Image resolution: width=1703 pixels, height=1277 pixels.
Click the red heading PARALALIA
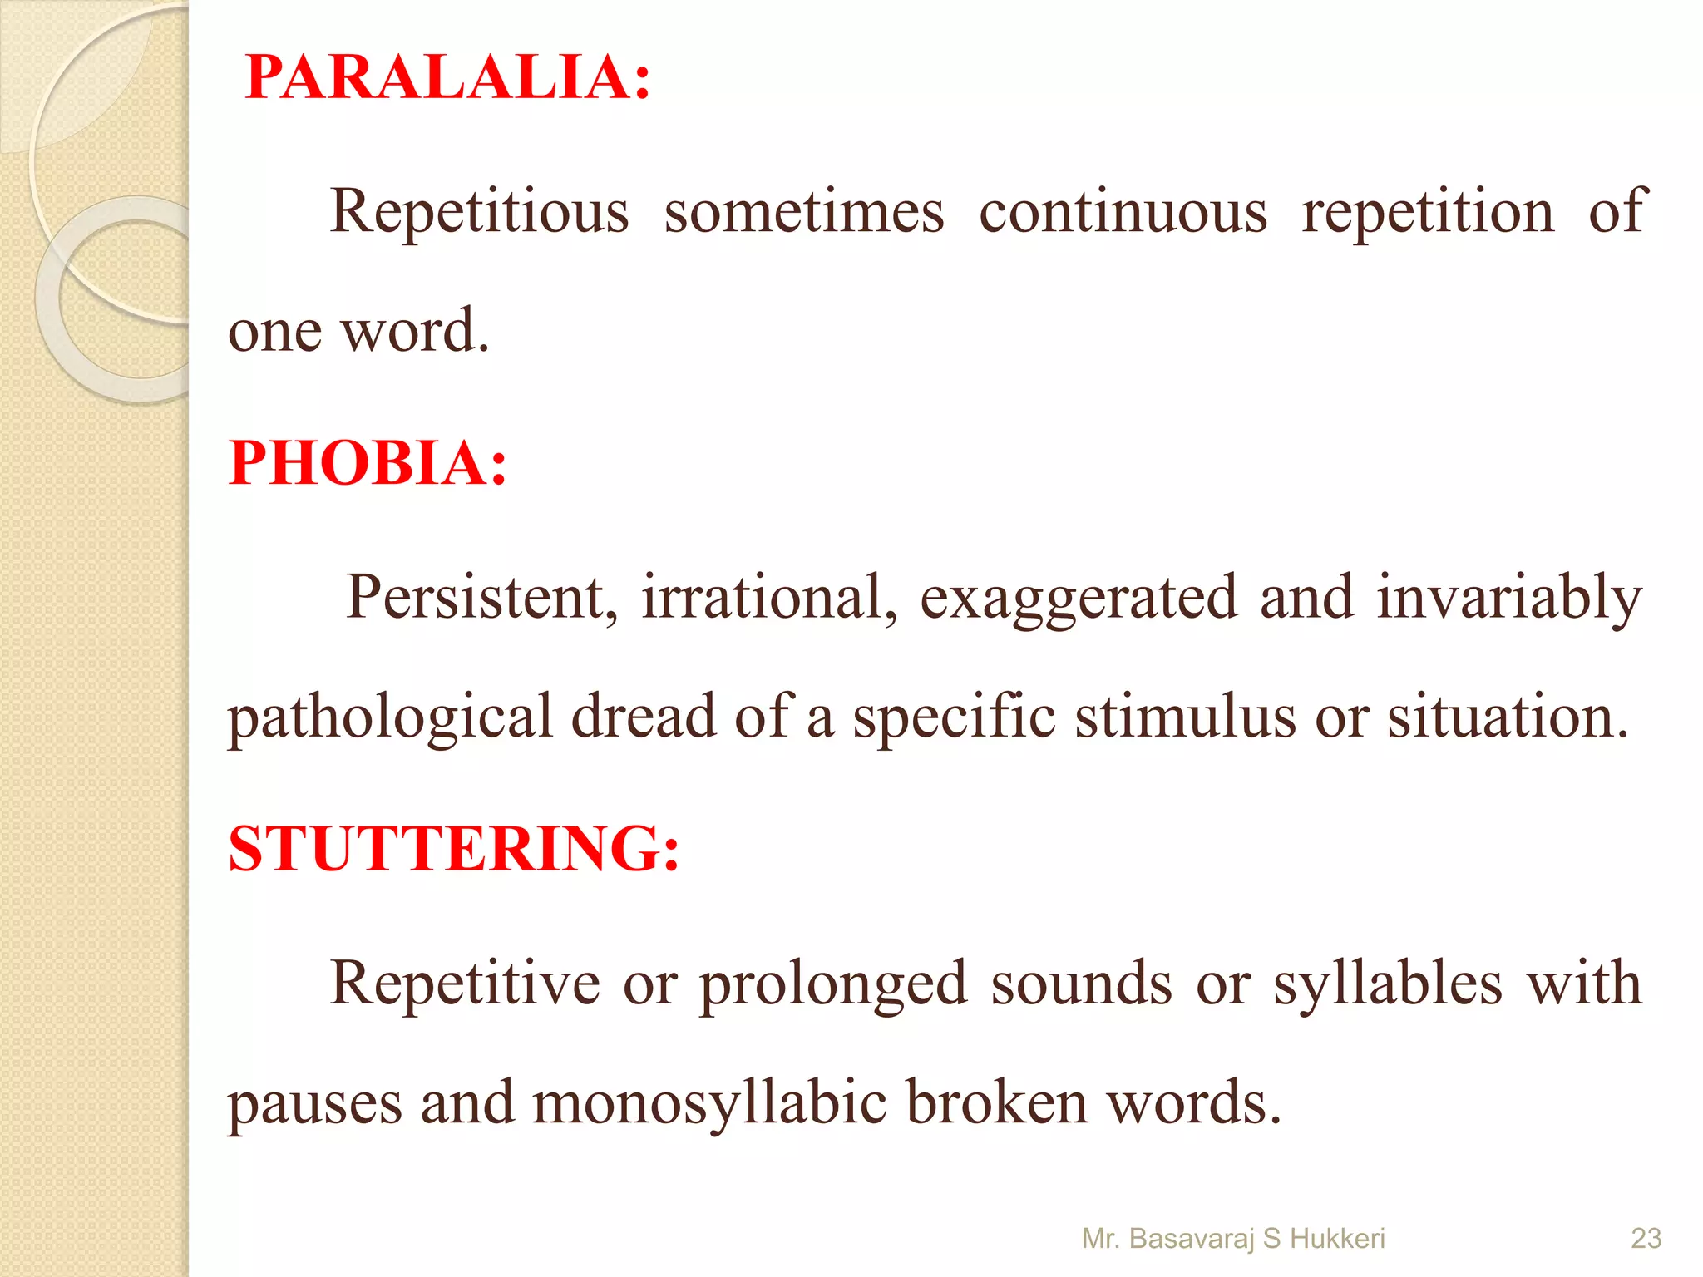coord(447,77)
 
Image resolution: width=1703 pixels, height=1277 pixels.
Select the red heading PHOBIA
coord(367,463)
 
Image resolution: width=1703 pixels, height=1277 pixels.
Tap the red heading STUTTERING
coord(454,849)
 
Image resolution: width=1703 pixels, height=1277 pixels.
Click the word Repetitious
coord(479,212)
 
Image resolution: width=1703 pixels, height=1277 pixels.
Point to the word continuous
coord(1123,212)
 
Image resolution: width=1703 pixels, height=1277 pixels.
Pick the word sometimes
coord(804,212)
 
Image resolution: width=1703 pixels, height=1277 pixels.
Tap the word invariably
coord(1508,599)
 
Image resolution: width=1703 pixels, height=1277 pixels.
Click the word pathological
coord(390,717)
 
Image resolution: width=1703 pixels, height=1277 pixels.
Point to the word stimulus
coord(1185,717)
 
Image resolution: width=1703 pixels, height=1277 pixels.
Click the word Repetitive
coord(465,984)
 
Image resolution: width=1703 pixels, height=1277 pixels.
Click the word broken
coord(996,1102)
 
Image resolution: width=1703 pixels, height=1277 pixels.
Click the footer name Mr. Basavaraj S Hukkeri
coord(1232,1239)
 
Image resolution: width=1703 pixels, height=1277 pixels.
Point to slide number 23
coord(1646,1239)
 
